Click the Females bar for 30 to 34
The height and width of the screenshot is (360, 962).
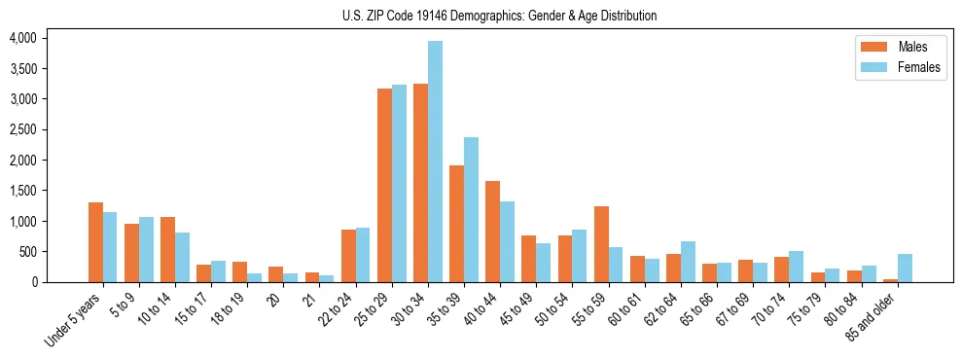[435, 162]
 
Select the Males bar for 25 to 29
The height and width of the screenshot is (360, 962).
[384, 185]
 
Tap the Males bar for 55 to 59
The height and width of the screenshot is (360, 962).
[601, 244]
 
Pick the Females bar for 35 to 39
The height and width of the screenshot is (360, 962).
[471, 209]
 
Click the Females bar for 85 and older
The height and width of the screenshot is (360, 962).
[905, 268]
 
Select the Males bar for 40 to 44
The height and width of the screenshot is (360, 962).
[492, 232]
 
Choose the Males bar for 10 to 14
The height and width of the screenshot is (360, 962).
[167, 249]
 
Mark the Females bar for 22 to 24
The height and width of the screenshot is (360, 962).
[363, 255]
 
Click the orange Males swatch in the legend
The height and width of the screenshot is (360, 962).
[868, 47]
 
